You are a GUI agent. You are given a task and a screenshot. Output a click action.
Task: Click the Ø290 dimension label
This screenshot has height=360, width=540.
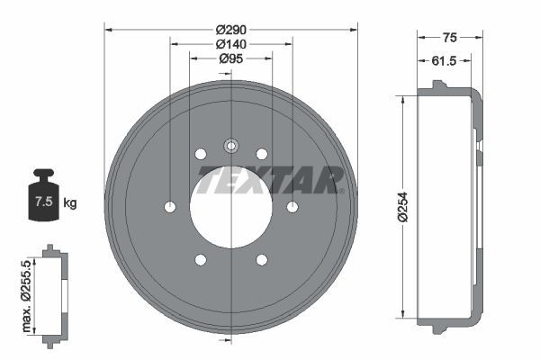pos(231,30)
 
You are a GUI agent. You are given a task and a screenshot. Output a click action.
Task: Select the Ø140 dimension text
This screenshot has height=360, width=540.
pos(231,44)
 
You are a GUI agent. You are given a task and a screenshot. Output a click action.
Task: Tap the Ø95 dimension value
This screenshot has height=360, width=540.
pos(231,58)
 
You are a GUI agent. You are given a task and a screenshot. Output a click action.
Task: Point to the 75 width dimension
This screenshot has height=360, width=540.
pos(449,37)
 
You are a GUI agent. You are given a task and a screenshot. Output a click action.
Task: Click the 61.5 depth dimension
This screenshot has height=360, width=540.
pos(444,60)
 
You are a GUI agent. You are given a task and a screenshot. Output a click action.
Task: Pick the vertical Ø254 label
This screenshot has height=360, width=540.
pos(402,207)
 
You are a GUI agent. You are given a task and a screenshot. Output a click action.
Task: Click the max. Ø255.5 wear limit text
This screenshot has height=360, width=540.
pos(26,296)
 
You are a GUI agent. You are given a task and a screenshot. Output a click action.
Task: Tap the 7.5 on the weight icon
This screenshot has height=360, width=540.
pos(44,202)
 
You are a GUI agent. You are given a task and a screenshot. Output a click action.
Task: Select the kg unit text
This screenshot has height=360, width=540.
pos(70,202)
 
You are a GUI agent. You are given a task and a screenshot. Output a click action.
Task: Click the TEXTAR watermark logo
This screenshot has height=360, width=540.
pos(271,180)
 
